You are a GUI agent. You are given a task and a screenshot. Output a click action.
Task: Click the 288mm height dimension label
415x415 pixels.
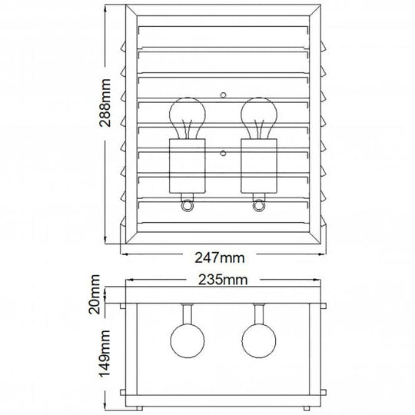point(105,103)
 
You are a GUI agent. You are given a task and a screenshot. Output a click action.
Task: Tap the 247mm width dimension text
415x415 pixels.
point(220,257)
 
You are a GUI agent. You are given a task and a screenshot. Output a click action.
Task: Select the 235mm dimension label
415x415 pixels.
point(223,280)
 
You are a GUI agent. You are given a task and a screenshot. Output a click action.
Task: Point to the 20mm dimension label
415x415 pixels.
point(95,294)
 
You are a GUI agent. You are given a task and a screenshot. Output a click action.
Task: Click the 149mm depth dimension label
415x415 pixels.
point(105,354)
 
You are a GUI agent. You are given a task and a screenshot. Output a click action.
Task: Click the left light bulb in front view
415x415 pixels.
point(188,118)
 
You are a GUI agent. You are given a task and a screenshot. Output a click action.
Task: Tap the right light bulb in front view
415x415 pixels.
point(259,118)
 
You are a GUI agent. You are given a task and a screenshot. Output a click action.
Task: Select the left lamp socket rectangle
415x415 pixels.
point(188,166)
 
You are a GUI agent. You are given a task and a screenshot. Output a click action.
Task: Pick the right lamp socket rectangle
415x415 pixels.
point(259,166)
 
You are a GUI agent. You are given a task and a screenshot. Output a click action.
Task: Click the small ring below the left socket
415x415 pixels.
point(187,206)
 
